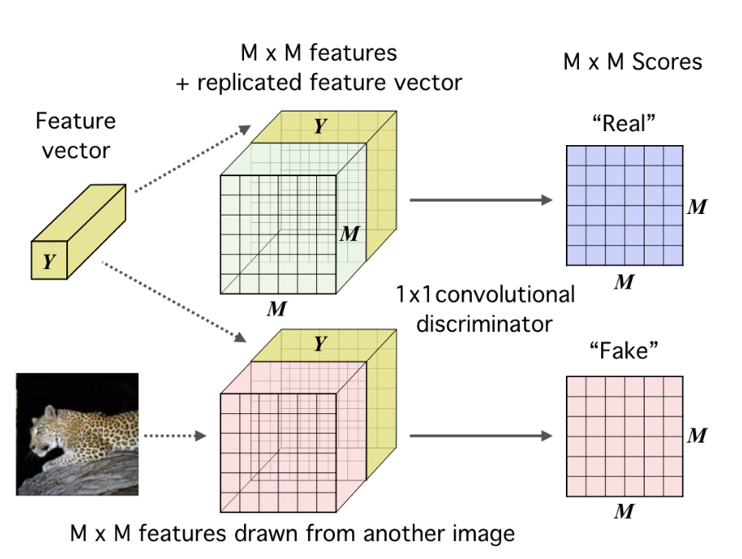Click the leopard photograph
[78, 434]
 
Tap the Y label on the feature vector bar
[49, 262]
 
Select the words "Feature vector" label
[75, 136]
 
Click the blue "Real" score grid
[624, 205]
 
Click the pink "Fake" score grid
[624, 436]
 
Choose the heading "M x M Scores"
[633, 62]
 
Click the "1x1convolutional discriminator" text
[485, 308]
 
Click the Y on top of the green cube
[320, 125]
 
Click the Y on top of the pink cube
[320, 345]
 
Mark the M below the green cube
[276, 308]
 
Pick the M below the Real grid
[624, 282]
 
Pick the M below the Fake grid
[624, 512]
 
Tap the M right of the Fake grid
[697, 436]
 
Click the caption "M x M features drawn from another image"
[292, 534]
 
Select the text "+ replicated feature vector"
[319, 83]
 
